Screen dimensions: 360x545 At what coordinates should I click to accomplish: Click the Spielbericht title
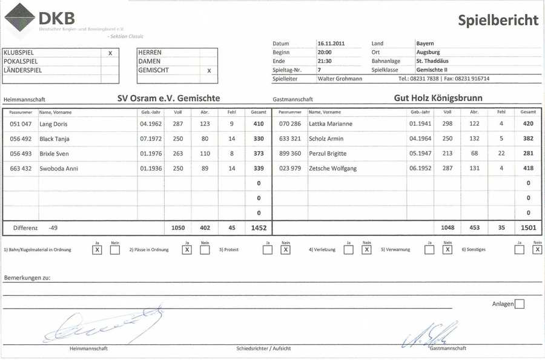[x=498, y=21]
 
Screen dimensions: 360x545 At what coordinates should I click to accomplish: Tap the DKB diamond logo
[x=19, y=18]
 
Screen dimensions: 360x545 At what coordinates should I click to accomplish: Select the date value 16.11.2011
[x=331, y=44]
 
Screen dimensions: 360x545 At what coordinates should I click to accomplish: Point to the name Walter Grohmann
[x=340, y=79]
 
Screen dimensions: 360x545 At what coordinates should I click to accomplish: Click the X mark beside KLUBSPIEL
[x=110, y=53]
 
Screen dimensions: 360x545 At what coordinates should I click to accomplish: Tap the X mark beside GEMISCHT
[x=209, y=70]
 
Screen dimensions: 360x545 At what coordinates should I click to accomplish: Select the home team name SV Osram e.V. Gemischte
[x=168, y=98]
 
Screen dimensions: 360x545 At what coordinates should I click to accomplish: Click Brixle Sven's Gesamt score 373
[x=259, y=154]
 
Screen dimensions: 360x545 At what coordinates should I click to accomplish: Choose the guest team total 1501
[x=527, y=228]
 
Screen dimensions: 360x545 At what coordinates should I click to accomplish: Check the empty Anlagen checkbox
[x=519, y=304]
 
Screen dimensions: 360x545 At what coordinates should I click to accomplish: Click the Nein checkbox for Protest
[x=285, y=250]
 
